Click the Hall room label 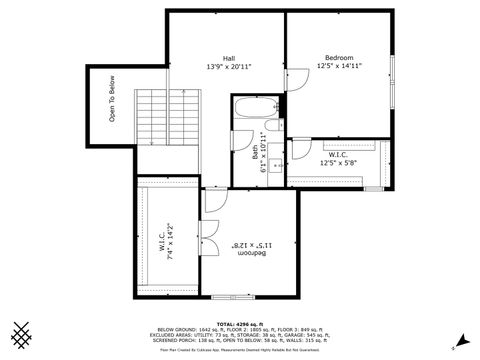pos(229,58)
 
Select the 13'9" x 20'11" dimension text pos(229,67)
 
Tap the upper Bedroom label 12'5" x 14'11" pos(338,62)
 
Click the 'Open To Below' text pos(112,101)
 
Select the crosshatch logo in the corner pos(21,334)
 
